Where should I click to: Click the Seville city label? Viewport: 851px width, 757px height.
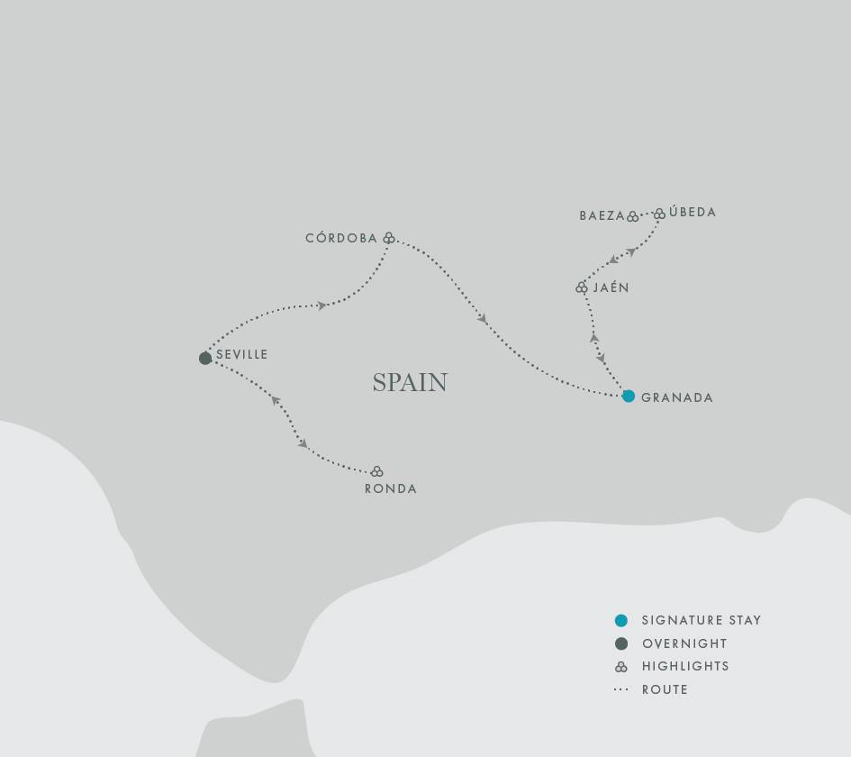[x=242, y=355]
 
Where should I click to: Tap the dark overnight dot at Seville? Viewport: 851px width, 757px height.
[x=205, y=359]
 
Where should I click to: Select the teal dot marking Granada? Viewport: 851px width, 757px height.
[x=629, y=397]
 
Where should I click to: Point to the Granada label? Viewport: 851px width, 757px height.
[x=677, y=397]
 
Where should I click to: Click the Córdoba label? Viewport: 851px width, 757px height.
[x=341, y=239]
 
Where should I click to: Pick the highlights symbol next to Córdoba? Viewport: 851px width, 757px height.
[x=389, y=239]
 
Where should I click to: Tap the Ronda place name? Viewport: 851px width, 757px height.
[x=391, y=489]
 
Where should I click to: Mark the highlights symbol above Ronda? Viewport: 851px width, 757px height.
[x=377, y=471]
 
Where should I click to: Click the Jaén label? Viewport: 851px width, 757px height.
[x=611, y=288]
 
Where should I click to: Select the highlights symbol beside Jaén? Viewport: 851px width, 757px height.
[x=582, y=287]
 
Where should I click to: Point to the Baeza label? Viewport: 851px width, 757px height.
[x=602, y=216]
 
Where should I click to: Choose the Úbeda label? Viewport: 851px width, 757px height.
[x=693, y=213]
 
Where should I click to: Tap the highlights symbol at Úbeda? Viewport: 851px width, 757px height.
[x=659, y=214]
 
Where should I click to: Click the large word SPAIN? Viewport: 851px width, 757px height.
[x=410, y=382]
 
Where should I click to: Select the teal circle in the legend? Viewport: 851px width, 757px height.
[x=620, y=621]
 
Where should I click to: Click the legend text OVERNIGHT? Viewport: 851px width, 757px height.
[x=684, y=644]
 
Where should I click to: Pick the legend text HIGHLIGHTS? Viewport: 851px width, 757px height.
[x=685, y=667]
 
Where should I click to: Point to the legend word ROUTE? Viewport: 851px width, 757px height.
[x=665, y=690]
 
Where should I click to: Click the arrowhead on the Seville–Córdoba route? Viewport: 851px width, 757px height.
[x=321, y=306]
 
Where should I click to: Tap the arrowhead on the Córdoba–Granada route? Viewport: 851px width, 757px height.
[x=484, y=319]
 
